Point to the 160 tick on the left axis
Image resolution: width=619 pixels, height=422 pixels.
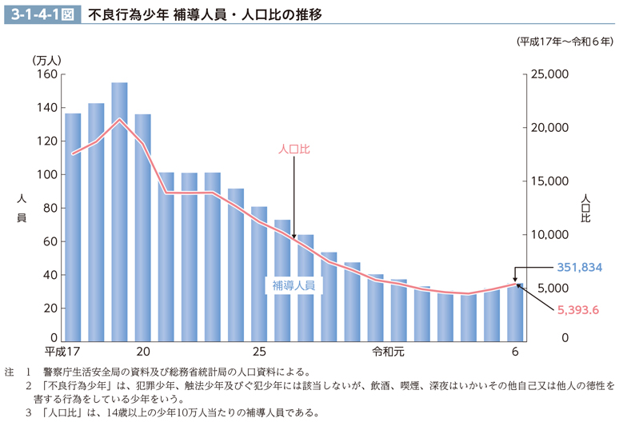(x=46, y=74)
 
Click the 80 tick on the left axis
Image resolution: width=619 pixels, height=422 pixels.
(x=50, y=209)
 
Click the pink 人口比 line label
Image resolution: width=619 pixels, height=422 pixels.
(x=294, y=149)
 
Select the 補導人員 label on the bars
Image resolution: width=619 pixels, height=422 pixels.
(x=293, y=285)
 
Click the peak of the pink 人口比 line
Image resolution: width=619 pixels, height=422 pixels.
(x=120, y=120)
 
